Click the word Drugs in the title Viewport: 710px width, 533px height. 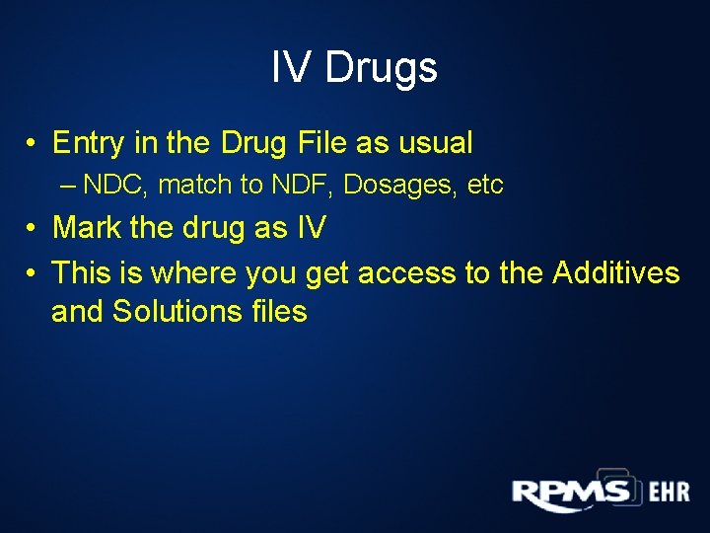(x=381, y=68)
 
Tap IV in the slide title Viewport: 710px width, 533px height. (x=290, y=68)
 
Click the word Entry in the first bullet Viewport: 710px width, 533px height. (x=88, y=143)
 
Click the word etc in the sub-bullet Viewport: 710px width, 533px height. (x=485, y=185)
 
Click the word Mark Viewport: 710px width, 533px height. (x=88, y=228)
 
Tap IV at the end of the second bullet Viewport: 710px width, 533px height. (x=310, y=228)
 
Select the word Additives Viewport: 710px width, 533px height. (x=616, y=272)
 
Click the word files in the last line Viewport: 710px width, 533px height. (x=279, y=312)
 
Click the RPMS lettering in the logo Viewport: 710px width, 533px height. (x=571, y=492)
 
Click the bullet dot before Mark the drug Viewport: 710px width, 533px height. (x=34, y=229)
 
